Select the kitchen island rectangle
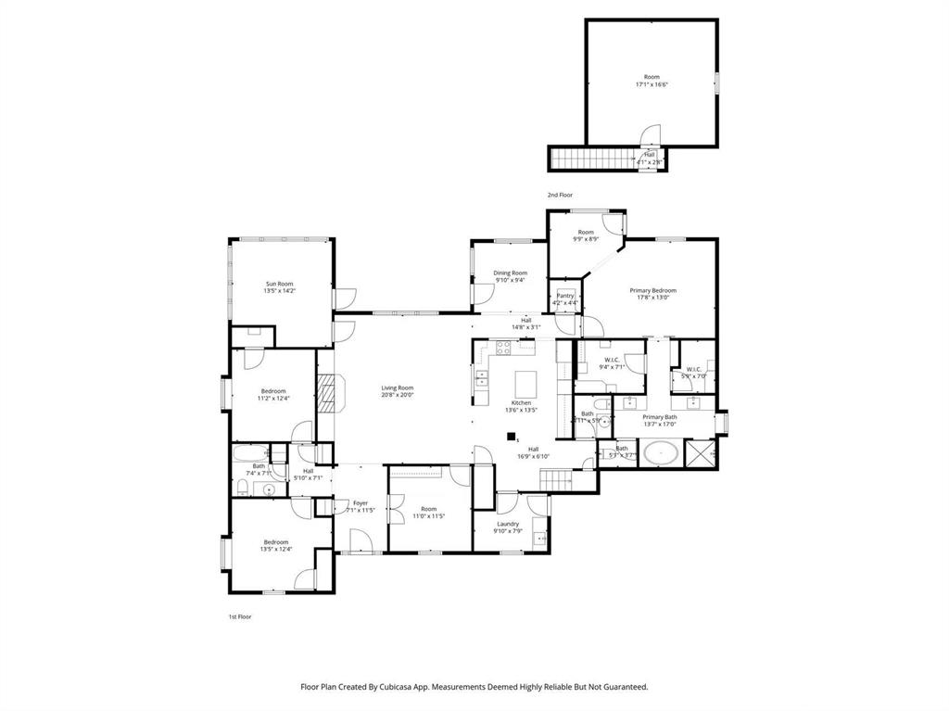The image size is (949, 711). pyautogui.click(x=525, y=382)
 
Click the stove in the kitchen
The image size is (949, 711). pyautogui.click(x=503, y=349)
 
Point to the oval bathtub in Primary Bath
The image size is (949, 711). pyautogui.click(x=659, y=454)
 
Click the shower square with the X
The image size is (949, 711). pyautogui.click(x=701, y=454)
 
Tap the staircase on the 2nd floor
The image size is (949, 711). pyautogui.click(x=588, y=159)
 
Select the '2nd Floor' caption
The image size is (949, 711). pyautogui.click(x=559, y=195)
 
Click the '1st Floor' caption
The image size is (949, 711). pyautogui.click(x=240, y=616)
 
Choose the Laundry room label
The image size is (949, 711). pyautogui.click(x=507, y=524)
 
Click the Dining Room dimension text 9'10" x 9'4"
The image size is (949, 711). pyautogui.click(x=510, y=280)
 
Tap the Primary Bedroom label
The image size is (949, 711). pyautogui.click(x=656, y=290)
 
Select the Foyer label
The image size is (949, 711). pyautogui.click(x=360, y=503)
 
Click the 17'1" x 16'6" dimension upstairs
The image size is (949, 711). pyautogui.click(x=652, y=84)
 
